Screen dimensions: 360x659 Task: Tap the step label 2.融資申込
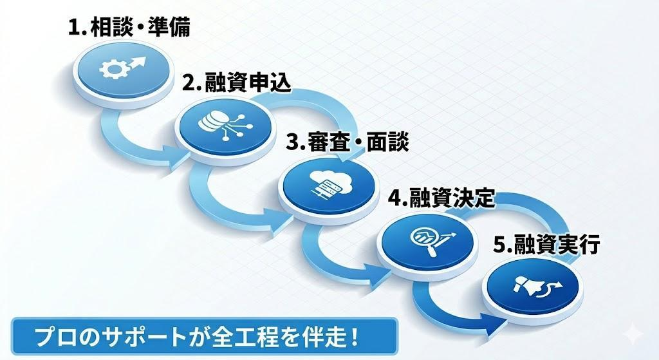point(236,83)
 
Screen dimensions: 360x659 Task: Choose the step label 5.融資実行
point(546,245)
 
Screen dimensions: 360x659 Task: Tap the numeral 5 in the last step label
point(499,245)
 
